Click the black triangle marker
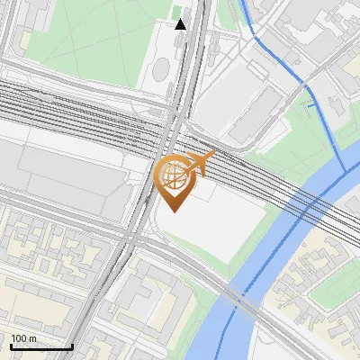(181, 24)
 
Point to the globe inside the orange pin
(174, 176)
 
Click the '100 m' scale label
(23, 337)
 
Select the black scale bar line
(41, 346)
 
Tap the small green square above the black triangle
(177, 12)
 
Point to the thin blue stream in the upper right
(270, 49)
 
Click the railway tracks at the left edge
(18, 99)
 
